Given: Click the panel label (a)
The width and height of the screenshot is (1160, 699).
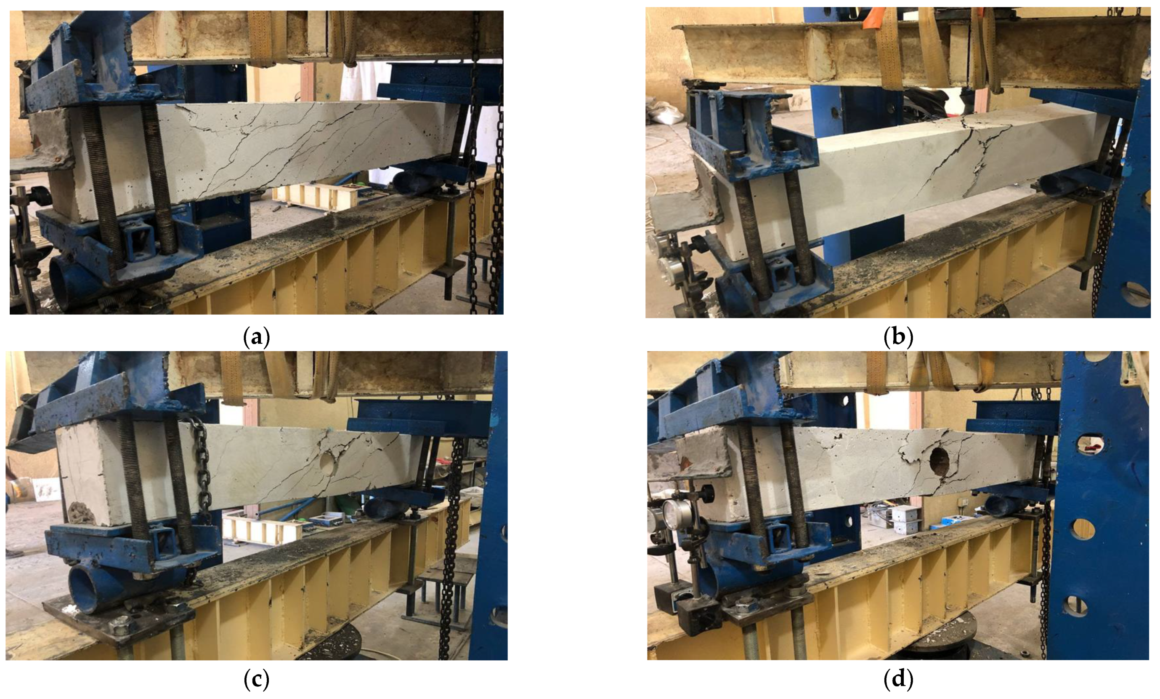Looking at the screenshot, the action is point(257,338).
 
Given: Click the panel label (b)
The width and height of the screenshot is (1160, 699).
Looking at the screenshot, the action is point(898,338).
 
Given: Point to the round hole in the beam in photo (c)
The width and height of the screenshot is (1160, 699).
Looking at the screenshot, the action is point(326,462).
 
